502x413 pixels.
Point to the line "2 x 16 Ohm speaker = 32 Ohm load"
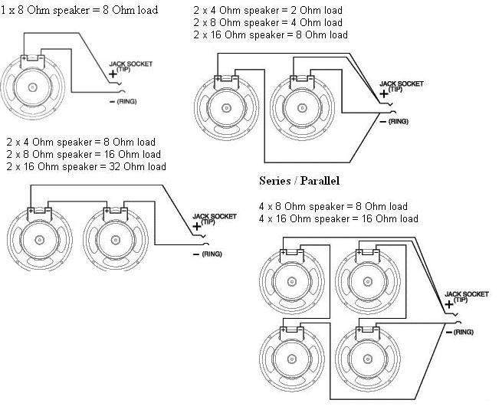pos(85,166)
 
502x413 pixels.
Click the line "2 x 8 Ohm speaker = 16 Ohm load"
pos(85,154)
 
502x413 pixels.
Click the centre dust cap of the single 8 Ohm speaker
pos(33,87)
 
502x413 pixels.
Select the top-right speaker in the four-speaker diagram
pos(366,276)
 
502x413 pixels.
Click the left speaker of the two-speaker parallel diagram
pos(227,109)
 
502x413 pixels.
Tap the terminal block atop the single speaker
pos(33,60)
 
